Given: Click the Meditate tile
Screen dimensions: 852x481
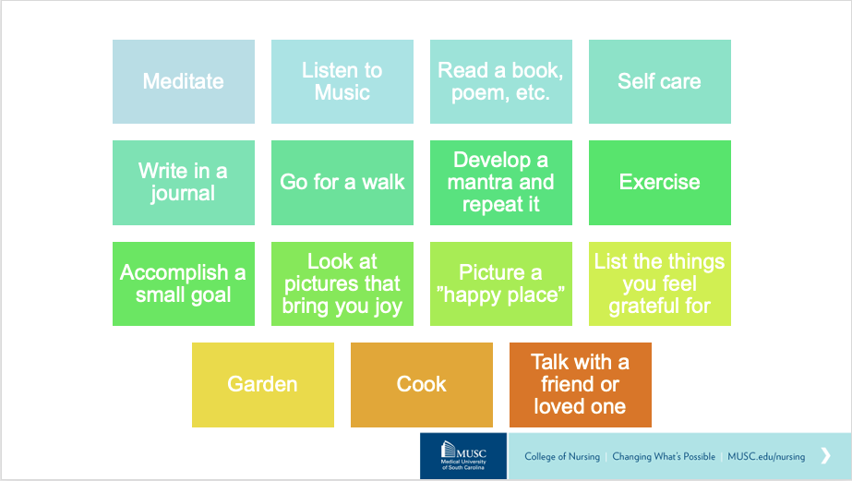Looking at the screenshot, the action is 184,81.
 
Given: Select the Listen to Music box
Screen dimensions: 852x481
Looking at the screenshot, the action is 342,81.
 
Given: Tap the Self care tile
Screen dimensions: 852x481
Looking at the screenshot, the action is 660,81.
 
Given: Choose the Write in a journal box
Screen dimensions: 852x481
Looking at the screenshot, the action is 184,183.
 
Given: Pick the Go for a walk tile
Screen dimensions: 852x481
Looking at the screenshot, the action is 342,183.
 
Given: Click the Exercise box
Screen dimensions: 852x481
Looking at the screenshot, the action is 660,183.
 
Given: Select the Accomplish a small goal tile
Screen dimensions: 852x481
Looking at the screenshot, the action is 184,283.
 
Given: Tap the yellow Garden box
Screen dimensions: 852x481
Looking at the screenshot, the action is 263,385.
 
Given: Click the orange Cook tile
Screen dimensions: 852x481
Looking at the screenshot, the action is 422,385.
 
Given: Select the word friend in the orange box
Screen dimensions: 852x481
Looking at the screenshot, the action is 568,384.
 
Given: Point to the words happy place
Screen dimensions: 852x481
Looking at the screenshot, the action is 504,295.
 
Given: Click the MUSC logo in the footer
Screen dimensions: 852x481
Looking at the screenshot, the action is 463,456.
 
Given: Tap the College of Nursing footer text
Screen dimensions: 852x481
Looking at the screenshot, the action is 562,457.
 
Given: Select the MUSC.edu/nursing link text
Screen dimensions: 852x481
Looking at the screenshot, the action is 766,457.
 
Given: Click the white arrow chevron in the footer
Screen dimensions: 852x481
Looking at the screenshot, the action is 826,455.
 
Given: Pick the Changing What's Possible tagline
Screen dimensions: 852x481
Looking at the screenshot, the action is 664,457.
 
